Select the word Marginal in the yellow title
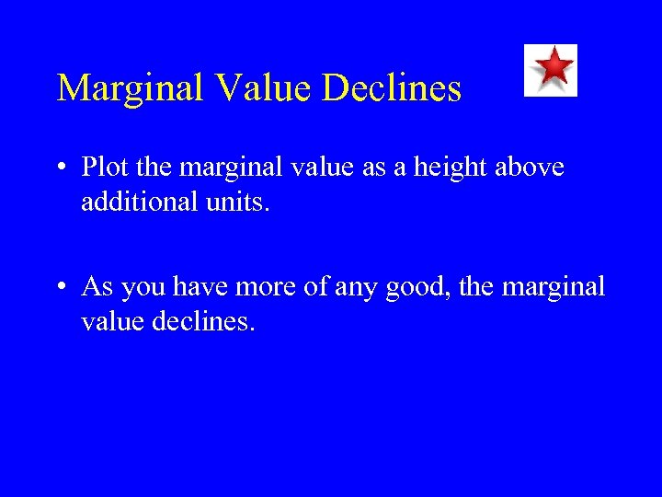[131, 88]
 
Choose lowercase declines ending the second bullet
[202, 322]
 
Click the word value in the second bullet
[111, 322]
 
